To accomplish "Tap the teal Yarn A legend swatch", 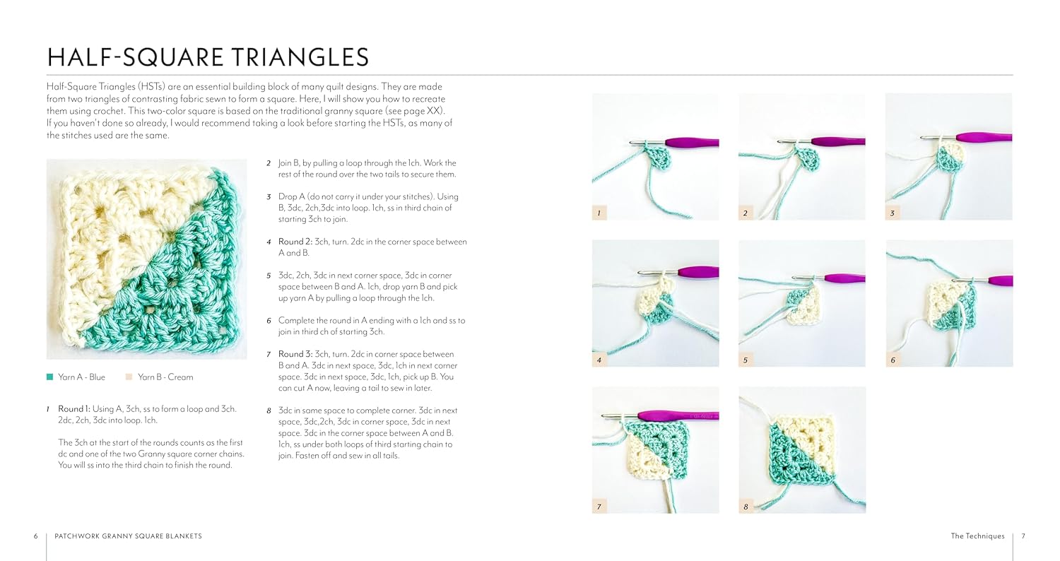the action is coord(49,377).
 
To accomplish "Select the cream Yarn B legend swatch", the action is coord(129,377).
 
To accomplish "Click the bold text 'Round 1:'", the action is coord(73,408).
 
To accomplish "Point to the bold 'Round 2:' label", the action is coord(295,242).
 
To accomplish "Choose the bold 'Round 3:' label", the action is coord(295,354).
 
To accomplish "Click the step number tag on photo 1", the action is coord(599,213).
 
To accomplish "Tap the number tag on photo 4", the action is coord(599,360).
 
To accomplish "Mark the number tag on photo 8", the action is coord(746,507).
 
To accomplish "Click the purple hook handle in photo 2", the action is coord(838,141).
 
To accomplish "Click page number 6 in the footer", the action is coord(35,536).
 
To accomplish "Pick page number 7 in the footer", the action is coord(1023,536).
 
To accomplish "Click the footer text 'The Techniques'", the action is coord(977,536).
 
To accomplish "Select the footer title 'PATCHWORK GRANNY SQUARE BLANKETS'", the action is coord(128,536).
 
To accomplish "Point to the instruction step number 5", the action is coord(269,276).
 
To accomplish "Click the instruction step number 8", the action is coord(269,411).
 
